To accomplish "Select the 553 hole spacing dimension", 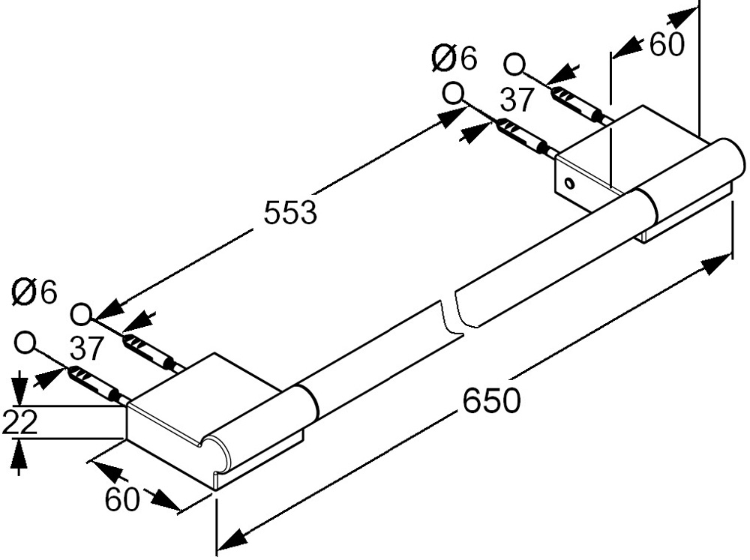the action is [290, 212].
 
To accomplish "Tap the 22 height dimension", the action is [20, 422].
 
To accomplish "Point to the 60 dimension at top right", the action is [667, 44].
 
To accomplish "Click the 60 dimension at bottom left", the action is [122, 499].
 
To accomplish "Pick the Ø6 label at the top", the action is [455, 58].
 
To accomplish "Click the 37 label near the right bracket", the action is [517, 99].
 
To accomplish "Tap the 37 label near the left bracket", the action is [86, 348].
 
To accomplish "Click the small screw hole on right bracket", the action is [569, 183].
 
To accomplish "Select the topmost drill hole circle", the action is [514, 64].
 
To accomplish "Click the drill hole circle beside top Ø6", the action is [452, 93].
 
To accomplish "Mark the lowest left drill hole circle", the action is [25, 343].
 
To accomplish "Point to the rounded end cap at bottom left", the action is [216, 454].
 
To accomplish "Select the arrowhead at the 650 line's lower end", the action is [229, 538].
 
